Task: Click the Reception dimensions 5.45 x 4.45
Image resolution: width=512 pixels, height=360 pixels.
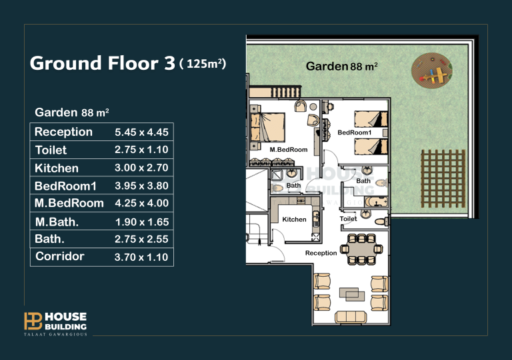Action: pos(141,132)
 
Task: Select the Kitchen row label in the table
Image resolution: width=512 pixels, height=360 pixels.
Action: pos(57,168)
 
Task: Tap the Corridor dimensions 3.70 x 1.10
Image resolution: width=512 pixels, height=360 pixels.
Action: pos(141,257)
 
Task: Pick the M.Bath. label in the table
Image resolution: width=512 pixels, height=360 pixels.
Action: pos(57,222)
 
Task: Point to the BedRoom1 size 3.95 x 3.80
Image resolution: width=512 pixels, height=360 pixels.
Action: pos(141,186)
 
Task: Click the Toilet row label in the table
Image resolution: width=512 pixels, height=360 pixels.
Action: pos(51,150)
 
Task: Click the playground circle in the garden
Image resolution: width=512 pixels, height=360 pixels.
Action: pos(432,71)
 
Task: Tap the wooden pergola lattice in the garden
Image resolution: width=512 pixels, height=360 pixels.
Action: pos(443,178)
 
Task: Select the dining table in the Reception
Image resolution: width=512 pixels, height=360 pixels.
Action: pos(361,250)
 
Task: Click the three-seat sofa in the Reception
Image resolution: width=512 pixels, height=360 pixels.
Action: pos(351,317)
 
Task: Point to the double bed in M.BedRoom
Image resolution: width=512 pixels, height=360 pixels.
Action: pos(267,127)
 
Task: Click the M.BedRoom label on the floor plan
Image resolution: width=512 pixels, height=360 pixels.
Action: pos(289,150)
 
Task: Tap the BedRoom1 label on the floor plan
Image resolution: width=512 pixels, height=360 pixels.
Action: pos(355,132)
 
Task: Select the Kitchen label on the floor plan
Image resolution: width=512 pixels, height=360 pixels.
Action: pos(294,219)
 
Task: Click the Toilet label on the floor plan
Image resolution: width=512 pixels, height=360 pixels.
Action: pos(349,219)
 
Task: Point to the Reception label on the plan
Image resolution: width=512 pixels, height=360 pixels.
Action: pos(321,253)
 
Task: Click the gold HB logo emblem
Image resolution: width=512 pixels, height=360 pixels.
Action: pos(33,321)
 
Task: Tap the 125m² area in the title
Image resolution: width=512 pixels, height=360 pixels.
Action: pos(203,63)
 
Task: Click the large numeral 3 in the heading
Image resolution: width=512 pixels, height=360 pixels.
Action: pos(169,63)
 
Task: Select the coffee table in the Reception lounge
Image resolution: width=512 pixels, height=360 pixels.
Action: pos(352,294)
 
